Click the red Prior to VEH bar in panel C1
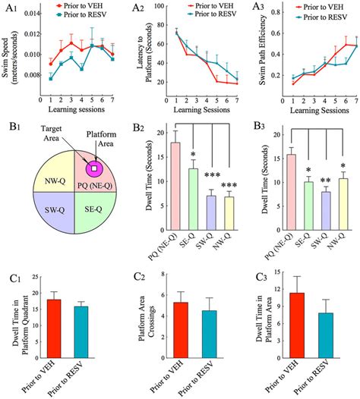pyautogui.click(x=54, y=328)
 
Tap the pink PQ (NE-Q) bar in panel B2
pyautogui.click(x=175, y=187)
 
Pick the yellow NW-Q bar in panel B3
pyautogui.click(x=343, y=204)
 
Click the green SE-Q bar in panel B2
pyautogui.click(x=193, y=199)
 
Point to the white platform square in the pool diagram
pyautogui.click(x=94, y=168)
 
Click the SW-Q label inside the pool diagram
pyautogui.click(x=55, y=210)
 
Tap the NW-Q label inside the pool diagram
pyautogui.click(x=55, y=181)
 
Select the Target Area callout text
pyautogui.click(x=52, y=134)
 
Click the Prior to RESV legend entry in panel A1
pyautogui.click(x=81, y=14)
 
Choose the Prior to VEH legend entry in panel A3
pyautogui.click(x=320, y=7)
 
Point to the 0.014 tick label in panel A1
pyautogui.click(x=32, y=13)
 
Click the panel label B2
pyautogui.click(x=138, y=127)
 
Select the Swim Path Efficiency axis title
pyautogui.click(x=263, y=50)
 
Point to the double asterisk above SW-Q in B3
pyautogui.click(x=326, y=181)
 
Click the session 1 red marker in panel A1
pyautogui.click(x=51, y=64)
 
